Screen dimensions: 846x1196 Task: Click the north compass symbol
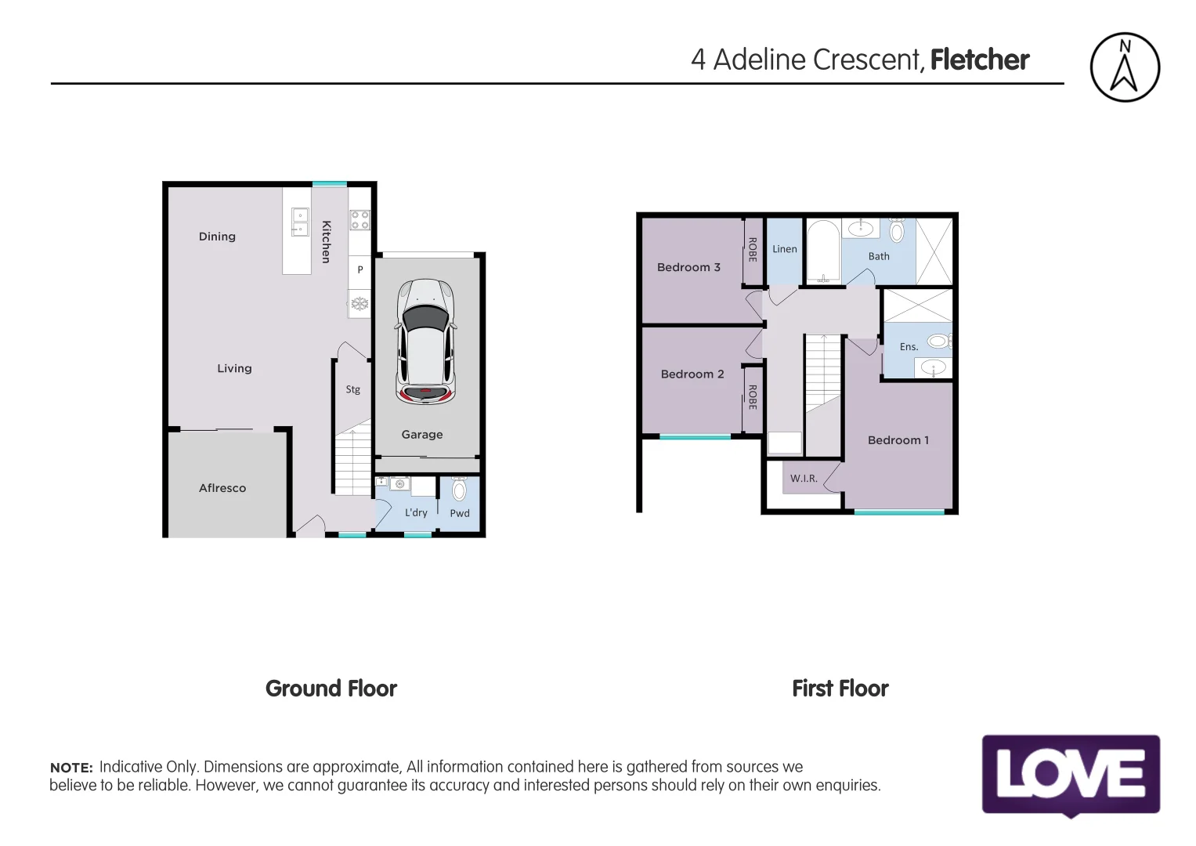point(1124,67)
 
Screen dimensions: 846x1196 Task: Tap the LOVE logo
point(1070,775)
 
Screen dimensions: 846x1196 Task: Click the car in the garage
point(425,342)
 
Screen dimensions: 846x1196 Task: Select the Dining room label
point(217,237)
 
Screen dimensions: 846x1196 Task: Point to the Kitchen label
point(327,241)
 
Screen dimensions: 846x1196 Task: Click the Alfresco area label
point(222,488)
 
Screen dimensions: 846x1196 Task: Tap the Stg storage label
point(353,389)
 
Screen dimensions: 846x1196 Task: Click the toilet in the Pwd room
point(459,490)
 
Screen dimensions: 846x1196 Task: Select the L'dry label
point(416,513)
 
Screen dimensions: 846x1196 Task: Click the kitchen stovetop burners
point(360,220)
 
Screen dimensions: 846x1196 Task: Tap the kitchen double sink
point(300,222)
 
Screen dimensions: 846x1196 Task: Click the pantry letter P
point(360,269)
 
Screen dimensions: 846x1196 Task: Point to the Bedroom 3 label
point(688,267)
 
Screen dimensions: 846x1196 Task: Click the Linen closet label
point(784,249)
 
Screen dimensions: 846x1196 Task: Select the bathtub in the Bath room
point(822,251)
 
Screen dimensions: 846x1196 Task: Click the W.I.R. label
point(804,479)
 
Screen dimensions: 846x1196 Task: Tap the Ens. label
point(909,347)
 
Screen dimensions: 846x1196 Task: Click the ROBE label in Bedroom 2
point(753,397)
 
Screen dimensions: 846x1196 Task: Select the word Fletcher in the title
point(979,60)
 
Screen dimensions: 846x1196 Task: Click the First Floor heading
point(840,689)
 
